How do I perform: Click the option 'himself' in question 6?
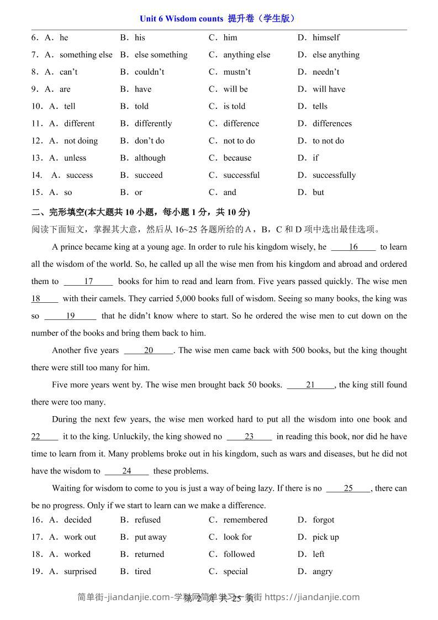326,38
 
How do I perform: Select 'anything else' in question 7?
246,55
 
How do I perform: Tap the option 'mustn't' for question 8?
237,72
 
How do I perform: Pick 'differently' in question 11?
153,123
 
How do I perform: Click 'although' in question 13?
150,157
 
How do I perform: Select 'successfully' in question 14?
334,175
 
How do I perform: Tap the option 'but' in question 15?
318,192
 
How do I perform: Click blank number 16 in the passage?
353,247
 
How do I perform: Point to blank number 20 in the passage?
149,350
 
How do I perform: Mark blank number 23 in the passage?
249,437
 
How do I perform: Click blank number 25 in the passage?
348,488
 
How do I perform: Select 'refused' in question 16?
147,520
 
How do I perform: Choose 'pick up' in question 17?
325,537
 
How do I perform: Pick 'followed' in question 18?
239,554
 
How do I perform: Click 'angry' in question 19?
322,571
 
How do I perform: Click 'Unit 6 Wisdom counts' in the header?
182,19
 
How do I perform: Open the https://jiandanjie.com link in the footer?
313,597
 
